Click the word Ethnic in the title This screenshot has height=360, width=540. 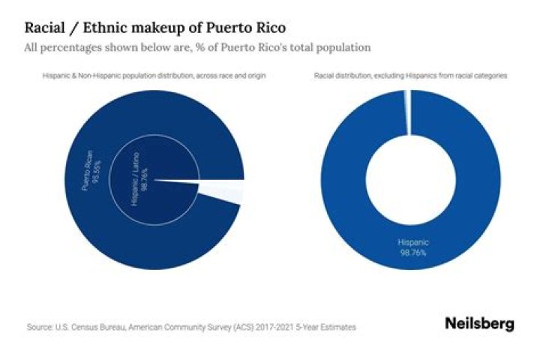108,28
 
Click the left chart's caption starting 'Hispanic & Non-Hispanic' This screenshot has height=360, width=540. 154,76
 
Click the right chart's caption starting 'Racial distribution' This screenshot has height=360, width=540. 409,76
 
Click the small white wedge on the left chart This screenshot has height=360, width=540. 225,191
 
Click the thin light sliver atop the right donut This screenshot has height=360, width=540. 407,112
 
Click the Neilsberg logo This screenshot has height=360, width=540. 479,324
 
